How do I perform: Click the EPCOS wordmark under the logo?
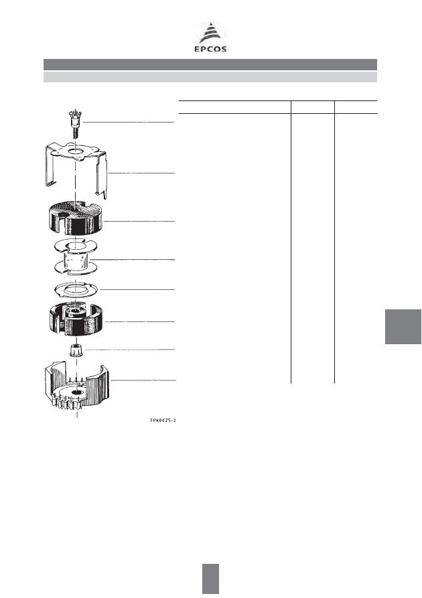coord(210,49)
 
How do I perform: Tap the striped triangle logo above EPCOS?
coord(210,33)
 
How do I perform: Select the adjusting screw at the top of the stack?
coord(76,121)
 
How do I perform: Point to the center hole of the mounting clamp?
coord(76,152)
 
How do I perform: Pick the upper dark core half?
coord(76,218)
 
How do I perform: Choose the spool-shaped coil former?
coord(76,257)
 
